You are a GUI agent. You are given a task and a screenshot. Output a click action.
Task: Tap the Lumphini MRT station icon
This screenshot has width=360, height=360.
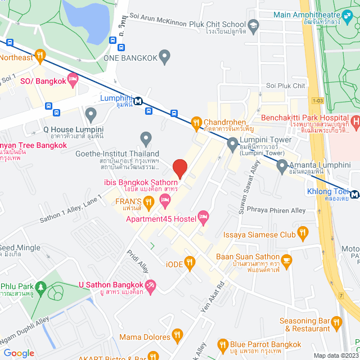pos(137,101)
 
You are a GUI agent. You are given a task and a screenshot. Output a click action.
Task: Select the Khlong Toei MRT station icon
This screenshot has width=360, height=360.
pos(354,195)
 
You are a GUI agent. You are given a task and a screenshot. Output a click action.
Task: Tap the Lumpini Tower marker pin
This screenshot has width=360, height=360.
pos(232,145)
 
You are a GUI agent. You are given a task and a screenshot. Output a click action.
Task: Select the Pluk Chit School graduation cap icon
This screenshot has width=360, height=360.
pos(254,25)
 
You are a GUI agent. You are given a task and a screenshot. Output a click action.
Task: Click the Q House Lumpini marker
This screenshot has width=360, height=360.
pos(91,115)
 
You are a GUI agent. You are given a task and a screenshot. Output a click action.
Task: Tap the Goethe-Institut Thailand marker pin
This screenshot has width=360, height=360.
pos(146,138)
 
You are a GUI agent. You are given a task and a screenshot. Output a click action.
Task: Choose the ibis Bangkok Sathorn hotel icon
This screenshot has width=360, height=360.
pos(165,200)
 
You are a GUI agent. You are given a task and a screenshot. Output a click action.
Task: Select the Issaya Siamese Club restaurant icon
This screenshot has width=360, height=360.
pos(303,232)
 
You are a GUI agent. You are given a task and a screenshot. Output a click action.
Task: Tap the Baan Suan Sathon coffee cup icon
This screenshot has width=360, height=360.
pos(286,259)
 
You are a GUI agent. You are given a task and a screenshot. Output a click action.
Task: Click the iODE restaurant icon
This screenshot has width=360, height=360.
pos(190,262)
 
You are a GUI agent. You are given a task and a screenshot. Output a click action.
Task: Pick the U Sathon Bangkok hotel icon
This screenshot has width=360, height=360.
pos(150,287)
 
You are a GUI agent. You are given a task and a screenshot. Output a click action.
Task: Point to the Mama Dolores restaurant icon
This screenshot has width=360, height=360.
pos(177,336)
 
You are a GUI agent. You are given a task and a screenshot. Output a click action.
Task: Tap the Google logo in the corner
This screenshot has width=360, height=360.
pos(19,353)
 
